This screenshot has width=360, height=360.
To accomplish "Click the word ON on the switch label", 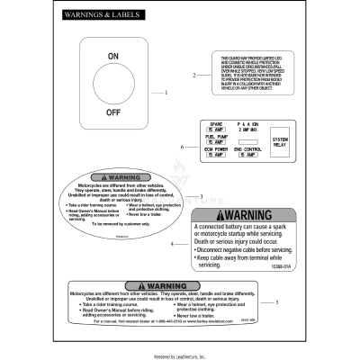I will tap(113, 56).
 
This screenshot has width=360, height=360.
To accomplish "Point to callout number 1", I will tap(166, 93).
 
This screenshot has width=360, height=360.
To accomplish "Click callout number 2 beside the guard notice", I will tap(194, 75).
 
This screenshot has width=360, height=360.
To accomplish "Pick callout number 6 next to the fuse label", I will tap(183, 146).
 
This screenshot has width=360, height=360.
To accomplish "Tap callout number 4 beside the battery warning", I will tap(196, 244).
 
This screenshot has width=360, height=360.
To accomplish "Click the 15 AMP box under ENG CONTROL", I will tap(247, 155).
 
